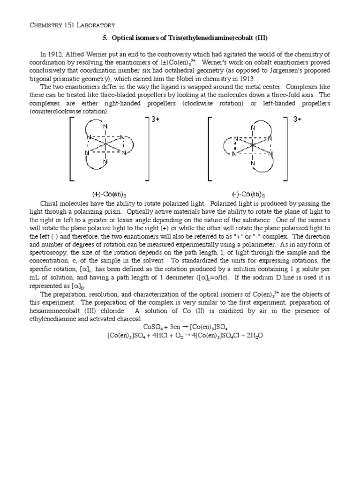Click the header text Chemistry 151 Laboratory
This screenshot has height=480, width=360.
click(x=72, y=24)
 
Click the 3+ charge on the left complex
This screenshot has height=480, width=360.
click(x=155, y=119)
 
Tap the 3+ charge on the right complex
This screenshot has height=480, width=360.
click(x=298, y=119)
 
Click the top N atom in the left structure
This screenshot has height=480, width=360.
click(x=105, y=127)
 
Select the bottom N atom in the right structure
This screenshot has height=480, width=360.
click(x=253, y=163)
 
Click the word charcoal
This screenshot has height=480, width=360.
click(x=127, y=319)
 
